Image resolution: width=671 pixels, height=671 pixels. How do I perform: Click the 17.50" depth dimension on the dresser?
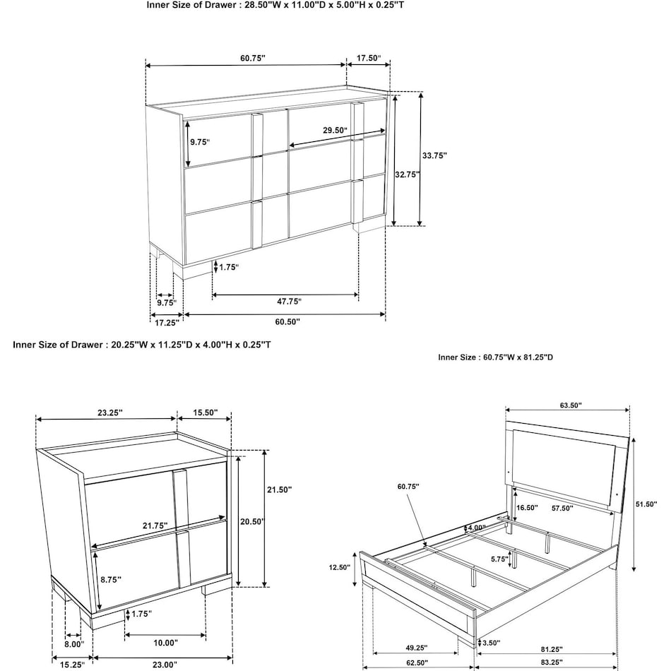[x=369, y=58]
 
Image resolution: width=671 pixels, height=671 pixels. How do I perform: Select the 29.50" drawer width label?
[x=335, y=130]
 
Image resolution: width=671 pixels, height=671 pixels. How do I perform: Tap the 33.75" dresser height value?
[x=434, y=155]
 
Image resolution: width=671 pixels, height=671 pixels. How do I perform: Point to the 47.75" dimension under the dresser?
[x=289, y=302]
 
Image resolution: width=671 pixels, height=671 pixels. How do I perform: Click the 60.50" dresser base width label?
[x=287, y=322]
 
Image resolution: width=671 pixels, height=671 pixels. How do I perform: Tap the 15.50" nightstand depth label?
[x=204, y=412]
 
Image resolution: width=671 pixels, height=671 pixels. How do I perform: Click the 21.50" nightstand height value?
[x=280, y=489]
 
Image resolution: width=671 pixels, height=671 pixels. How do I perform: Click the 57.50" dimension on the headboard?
[x=562, y=507]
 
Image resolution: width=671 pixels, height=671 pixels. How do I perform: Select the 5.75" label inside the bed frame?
[x=499, y=557]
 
